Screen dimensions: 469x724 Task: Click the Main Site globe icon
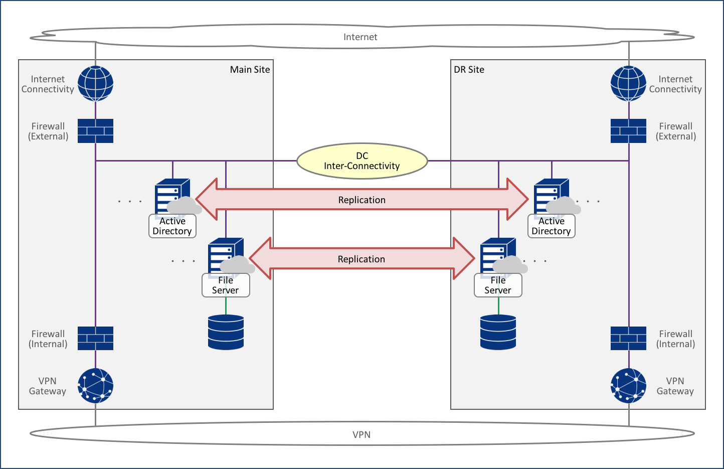(95, 84)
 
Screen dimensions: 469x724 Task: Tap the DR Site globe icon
(628, 84)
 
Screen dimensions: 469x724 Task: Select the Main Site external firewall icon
(95, 131)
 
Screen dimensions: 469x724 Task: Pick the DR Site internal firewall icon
(628, 339)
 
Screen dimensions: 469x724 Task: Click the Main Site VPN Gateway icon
(95, 386)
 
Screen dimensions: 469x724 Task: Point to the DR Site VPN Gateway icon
(628, 386)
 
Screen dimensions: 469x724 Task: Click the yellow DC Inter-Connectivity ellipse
(362, 161)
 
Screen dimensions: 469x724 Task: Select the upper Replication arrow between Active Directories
(361, 200)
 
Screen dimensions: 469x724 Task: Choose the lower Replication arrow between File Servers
(361, 259)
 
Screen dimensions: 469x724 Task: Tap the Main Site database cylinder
(226, 332)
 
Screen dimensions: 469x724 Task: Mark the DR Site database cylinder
(498, 332)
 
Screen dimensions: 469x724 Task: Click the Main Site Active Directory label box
(172, 226)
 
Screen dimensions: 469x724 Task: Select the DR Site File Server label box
(498, 285)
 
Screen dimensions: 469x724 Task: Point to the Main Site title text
(250, 70)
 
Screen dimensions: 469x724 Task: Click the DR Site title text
(469, 70)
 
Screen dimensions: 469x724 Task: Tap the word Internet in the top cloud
(360, 37)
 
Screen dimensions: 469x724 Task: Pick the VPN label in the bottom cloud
(361, 435)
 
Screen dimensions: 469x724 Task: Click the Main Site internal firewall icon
(95, 339)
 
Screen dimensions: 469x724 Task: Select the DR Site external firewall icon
(628, 131)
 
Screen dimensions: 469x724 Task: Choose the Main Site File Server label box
(226, 285)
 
